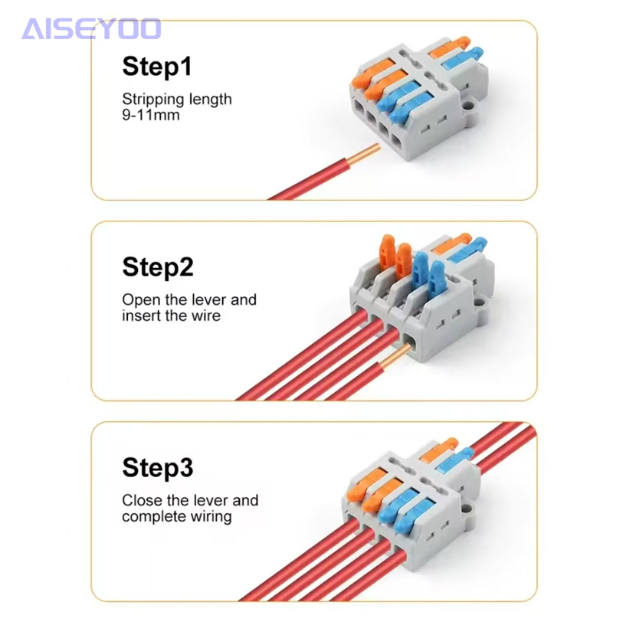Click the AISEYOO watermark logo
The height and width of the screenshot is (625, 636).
tap(91, 29)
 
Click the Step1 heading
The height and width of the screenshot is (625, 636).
tap(157, 67)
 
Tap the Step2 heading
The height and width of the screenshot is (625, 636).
tap(158, 267)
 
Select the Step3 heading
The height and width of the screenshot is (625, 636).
tap(158, 468)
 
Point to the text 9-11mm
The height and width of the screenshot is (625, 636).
tap(151, 115)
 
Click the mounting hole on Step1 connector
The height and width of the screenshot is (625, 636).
tap(469, 106)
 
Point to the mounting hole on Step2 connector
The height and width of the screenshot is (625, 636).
tap(479, 303)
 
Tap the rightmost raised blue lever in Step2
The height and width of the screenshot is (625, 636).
tap(436, 277)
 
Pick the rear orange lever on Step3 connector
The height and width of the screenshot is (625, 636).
tap(439, 450)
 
